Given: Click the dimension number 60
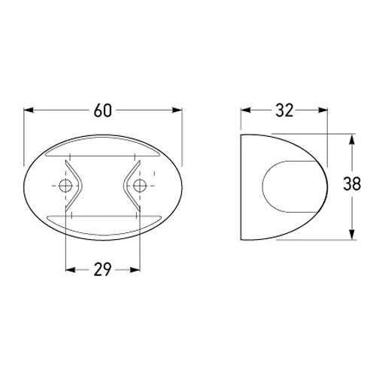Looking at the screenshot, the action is (x=103, y=111).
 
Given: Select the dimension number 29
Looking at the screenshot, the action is (x=102, y=269).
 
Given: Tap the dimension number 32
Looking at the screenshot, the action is (x=284, y=111).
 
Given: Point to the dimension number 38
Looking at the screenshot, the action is (x=352, y=183).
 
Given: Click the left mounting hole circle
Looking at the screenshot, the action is (x=65, y=186).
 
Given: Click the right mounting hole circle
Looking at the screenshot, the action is (x=140, y=186).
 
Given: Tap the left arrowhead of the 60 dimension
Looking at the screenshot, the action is (x=29, y=110).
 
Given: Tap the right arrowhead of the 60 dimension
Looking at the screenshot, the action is (x=177, y=110).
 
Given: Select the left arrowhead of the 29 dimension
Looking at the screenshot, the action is (x=70, y=270).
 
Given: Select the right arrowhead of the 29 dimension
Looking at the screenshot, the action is (x=135, y=270).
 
